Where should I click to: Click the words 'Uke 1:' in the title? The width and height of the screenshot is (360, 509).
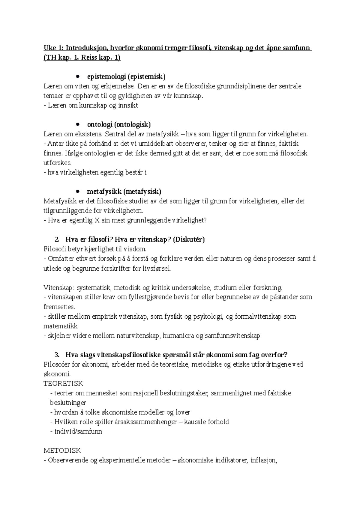click(53, 48)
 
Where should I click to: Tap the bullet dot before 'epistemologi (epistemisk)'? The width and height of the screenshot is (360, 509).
click(78, 76)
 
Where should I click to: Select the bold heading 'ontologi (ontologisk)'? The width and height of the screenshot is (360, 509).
click(119, 124)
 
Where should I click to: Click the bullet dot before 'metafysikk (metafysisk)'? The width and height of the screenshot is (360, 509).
click(78, 191)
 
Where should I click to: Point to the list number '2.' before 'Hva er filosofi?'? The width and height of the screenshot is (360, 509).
click(57, 240)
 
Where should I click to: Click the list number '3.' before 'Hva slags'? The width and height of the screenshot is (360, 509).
click(57, 355)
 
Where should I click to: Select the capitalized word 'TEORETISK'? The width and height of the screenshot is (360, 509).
click(63, 383)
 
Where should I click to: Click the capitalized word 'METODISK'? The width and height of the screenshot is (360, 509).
click(62, 451)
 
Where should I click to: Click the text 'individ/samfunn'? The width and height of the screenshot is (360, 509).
click(78, 432)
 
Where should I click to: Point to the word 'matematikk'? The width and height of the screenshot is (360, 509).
click(61, 326)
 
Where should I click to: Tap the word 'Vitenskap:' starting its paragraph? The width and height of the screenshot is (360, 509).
click(59, 288)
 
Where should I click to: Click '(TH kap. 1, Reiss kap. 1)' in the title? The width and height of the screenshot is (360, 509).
click(82, 58)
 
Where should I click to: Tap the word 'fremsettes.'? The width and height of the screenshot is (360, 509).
click(59, 307)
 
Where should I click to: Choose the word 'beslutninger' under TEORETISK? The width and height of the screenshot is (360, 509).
click(68, 403)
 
